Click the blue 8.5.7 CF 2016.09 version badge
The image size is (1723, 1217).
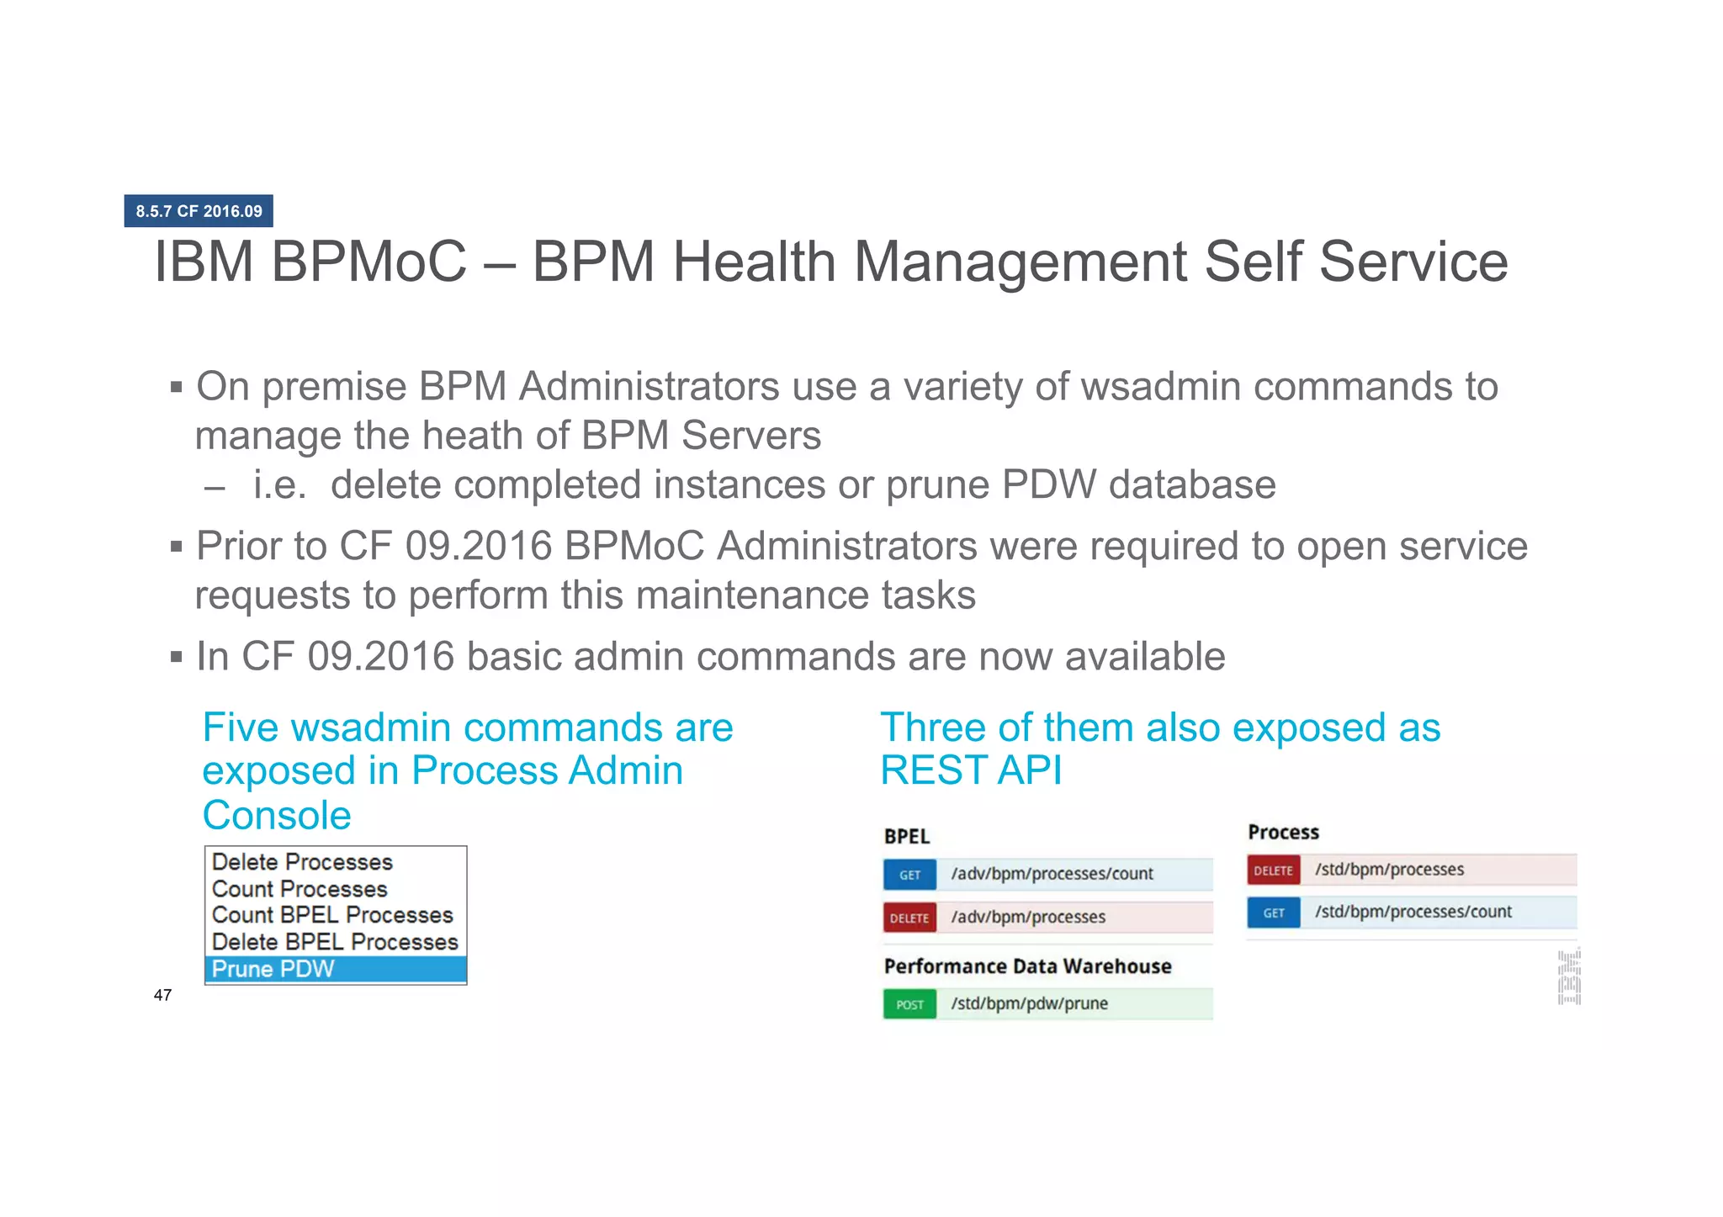pos(199,211)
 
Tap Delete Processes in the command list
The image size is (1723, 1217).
pos(302,862)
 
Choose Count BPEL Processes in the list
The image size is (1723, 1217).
pos(332,915)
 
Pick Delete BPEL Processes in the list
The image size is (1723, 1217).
pos(335,942)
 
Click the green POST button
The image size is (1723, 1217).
pos(909,1004)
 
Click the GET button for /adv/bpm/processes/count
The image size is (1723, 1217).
pos(909,875)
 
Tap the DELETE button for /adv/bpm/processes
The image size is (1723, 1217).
pos(909,918)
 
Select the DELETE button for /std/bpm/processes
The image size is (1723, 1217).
pos(1273,870)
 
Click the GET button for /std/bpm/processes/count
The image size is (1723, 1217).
pos(1274,913)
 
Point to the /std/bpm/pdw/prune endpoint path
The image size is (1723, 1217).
pos(1029,1003)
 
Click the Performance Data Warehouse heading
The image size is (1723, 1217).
pos(1027,966)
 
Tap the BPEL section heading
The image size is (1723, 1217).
pos(907,837)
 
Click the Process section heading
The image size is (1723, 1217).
pos(1283,833)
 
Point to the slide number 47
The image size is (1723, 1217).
pos(162,995)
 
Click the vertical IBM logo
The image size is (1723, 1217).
pos(1569,976)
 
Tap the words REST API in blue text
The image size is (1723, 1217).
pos(971,770)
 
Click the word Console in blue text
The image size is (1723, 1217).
pos(277,815)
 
